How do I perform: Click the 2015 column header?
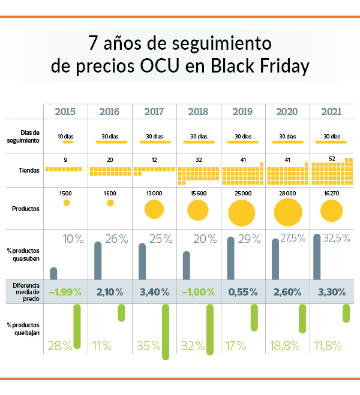click(65, 111)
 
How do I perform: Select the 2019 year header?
click(243, 111)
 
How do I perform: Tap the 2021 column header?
click(331, 111)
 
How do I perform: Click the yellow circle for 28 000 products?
click(287, 211)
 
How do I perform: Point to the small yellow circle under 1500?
click(67, 204)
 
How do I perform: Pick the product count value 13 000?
click(154, 193)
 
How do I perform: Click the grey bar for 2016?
click(98, 261)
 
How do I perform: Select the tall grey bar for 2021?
click(317, 257)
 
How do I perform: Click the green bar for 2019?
click(254, 317)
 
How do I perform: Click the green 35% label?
click(147, 346)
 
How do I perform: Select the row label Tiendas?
click(29, 170)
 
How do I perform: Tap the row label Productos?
click(26, 209)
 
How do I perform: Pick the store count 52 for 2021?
click(332, 159)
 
